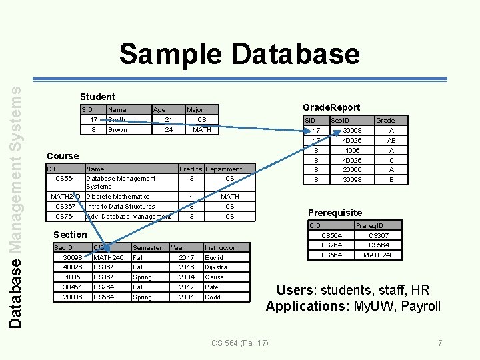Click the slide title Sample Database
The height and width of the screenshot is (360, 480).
[239, 54]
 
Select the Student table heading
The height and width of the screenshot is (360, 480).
[97, 97]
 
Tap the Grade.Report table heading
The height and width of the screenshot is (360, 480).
[331, 107]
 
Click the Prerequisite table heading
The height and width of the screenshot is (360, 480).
[335, 213]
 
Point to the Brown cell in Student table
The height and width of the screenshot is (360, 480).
[117, 130]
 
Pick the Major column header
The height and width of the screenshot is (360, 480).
[195, 110]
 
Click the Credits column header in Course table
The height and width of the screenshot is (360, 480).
[191, 169]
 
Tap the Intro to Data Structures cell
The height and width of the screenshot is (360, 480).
[121, 207]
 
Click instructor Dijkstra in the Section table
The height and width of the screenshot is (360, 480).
[216, 267]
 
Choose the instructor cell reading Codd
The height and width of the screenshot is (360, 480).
[213, 297]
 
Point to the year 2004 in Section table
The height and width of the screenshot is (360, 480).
[186, 277]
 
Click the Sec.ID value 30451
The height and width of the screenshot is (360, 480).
[73, 287]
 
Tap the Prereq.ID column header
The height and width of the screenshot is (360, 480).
[370, 226]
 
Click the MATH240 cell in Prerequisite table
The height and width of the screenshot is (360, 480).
[378, 255]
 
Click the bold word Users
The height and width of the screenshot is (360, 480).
[295, 290]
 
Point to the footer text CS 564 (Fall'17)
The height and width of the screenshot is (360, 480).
[240, 343]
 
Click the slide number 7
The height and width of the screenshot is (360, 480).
[439, 343]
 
